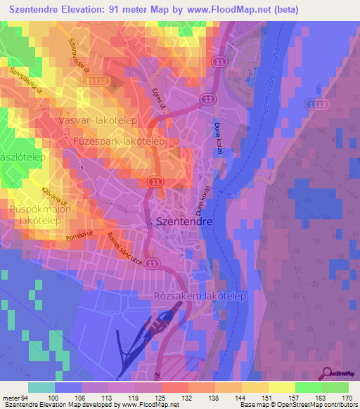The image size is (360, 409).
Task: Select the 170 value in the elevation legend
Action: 345,399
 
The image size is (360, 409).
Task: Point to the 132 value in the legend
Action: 189,399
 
